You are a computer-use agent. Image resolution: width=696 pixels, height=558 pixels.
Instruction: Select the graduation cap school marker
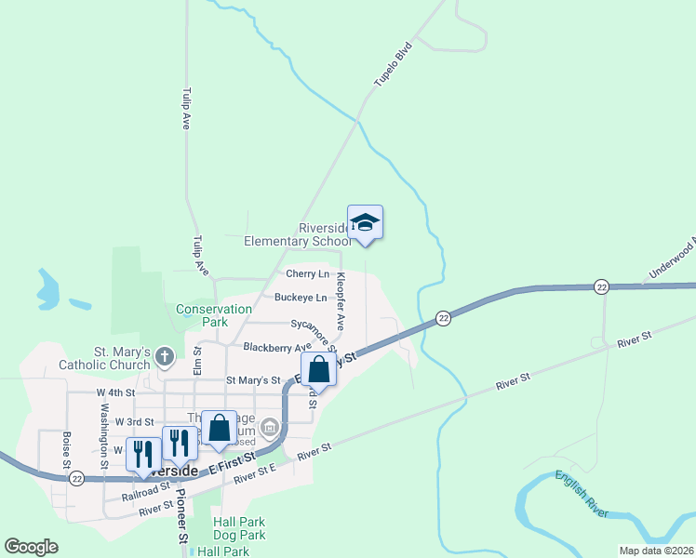coord(365,223)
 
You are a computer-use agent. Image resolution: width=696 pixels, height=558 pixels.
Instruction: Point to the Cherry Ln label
coord(307,274)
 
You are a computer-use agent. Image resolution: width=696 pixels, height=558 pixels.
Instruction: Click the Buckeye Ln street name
coord(301,298)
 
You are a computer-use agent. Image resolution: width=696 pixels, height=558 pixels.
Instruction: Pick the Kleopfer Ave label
coord(341,301)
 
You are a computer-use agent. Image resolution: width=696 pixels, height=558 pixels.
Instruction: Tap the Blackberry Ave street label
coord(277,347)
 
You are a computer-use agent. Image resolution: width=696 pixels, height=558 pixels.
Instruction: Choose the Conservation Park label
coord(215,315)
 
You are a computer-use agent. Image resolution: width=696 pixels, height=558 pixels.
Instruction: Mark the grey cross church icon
coord(165,356)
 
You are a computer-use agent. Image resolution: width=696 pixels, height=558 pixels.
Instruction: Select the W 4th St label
coord(116,393)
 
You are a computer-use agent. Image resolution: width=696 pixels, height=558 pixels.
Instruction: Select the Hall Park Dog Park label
coord(239,528)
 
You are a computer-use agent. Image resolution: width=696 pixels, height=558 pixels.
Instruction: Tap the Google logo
coord(31,547)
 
